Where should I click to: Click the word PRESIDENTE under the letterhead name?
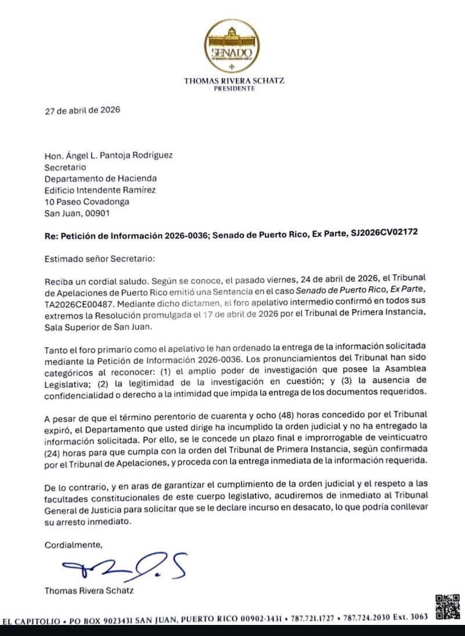coord(234,89)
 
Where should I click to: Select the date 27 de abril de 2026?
coord(83,110)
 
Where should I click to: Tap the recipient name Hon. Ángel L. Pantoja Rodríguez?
coord(109,155)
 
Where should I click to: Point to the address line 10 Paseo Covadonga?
coord(87,201)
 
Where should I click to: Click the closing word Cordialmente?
coord(74,544)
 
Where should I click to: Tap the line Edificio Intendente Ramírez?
coord(100,190)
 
